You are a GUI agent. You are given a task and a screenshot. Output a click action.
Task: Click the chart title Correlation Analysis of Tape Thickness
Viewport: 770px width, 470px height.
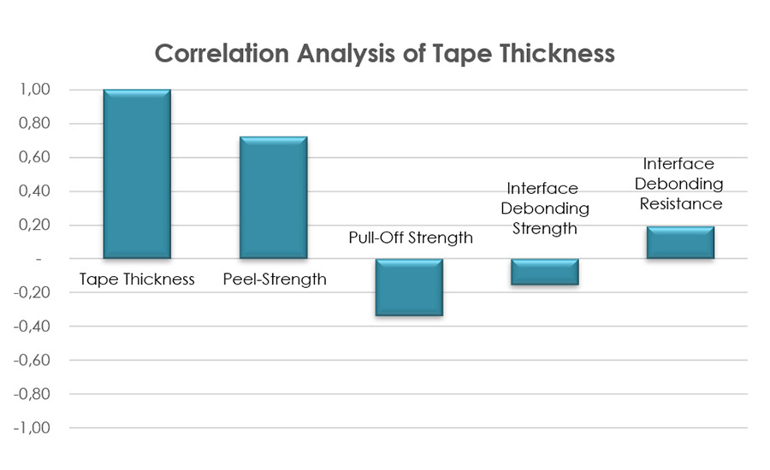click(385, 53)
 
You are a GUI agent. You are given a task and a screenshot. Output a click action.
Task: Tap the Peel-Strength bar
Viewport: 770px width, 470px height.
click(273, 197)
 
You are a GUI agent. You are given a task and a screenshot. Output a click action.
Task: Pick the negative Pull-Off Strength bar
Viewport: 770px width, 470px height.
click(409, 287)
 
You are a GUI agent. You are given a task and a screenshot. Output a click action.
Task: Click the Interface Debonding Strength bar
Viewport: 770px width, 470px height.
click(545, 272)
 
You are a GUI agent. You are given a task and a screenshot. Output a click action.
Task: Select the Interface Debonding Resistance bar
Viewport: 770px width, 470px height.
click(680, 242)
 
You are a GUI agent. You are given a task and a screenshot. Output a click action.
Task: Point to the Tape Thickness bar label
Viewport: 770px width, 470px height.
click(137, 279)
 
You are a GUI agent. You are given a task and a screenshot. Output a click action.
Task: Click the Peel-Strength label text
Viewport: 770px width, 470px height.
click(274, 279)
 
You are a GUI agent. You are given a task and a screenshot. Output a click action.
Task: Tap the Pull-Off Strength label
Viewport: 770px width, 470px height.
click(411, 238)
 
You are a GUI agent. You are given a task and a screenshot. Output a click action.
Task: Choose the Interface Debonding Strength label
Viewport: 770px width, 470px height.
click(542, 209)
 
